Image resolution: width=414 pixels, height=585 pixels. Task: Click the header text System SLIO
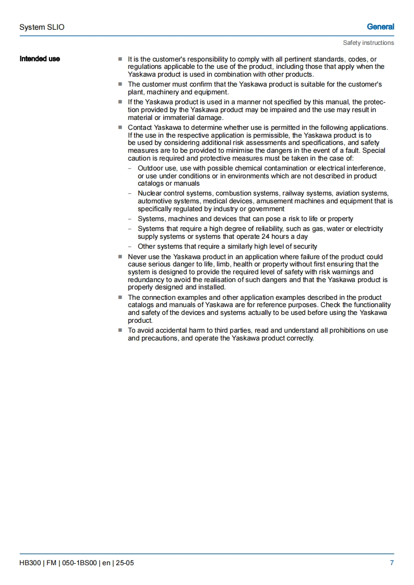[42, 27]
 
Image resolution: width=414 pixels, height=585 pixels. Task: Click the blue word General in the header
[380, 27]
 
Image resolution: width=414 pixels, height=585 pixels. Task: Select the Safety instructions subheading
[368, 43]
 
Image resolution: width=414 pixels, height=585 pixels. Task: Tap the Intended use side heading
[40, 59]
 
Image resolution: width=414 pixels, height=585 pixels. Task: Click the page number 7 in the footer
[392, 563]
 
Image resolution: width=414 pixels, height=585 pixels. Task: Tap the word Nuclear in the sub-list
[150, 193]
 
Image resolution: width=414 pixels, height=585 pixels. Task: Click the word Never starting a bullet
[138, 257]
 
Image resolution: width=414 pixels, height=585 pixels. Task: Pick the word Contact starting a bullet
[140, 128]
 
